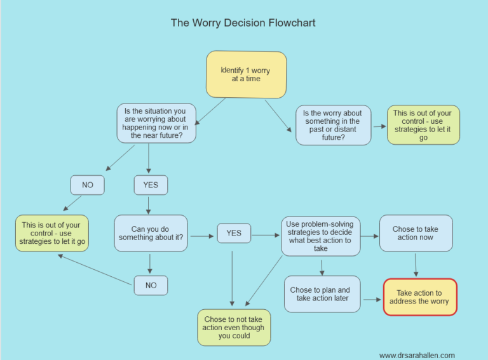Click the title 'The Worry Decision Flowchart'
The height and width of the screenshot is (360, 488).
243,23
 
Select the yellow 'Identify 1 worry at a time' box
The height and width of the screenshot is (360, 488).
246,74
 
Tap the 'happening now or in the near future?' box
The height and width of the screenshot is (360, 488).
156,123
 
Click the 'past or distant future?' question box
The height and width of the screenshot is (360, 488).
333,125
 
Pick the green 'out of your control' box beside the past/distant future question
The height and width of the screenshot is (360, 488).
423,125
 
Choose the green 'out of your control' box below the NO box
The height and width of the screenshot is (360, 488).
53,233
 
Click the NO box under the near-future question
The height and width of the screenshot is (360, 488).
87,185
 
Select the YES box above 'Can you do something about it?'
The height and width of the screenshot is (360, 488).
151,185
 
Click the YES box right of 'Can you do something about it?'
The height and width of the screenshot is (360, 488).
234,233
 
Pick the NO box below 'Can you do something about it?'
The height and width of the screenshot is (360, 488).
151,285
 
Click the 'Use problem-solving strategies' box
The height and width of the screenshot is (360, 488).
321,236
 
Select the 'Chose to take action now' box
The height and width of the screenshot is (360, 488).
416,233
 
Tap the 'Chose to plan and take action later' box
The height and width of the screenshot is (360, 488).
322,294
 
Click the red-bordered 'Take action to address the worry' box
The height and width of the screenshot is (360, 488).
419,297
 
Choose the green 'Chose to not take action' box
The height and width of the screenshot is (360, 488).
234,327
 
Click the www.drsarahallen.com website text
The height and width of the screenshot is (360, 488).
416,356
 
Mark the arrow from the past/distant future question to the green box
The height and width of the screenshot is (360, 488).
379,126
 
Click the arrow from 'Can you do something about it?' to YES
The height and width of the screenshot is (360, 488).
202,236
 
